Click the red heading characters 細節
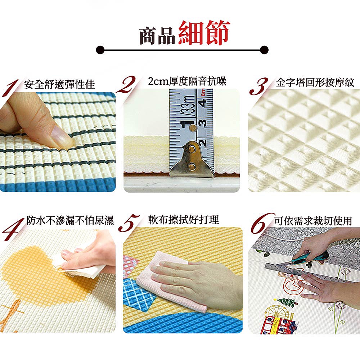204,33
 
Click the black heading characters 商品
158,36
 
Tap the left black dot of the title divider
100,50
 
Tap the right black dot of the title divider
264,50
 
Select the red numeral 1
10,88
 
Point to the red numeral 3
259,86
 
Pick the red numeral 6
262,223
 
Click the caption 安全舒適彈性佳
59,84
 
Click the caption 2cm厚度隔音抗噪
187,81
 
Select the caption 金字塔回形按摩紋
315,82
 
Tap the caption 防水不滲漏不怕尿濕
70,220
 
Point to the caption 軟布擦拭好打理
184,220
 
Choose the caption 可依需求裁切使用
313,221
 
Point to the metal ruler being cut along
305,273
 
